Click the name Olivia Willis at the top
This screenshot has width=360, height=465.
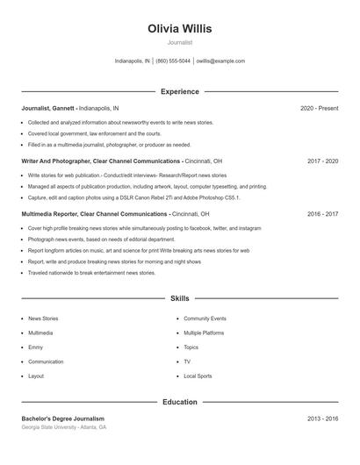coord(179,28)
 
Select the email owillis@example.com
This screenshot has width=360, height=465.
coord(220,61)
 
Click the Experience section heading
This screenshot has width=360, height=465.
coord(179,91)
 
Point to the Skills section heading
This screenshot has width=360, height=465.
coord(179,299)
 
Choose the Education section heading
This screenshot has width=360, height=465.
coord(179,402)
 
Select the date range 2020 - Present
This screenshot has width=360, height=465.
coord(319,108)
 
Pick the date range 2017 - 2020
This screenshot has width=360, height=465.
coord(322,161)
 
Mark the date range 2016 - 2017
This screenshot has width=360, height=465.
coord(322,214)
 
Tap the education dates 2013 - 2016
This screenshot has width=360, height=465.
coord(322,418)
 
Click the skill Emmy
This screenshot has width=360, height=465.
coord(36,347)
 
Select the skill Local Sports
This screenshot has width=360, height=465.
coord(198,376)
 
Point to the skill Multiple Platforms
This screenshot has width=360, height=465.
coord(204,333)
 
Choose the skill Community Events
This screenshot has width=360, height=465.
coord(205,318)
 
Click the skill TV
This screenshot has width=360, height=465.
coord(187,361)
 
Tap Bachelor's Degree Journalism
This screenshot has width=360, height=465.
coord(62,418)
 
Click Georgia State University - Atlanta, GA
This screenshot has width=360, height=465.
coord(64,427)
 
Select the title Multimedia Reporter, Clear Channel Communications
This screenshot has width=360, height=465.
coord(94,214)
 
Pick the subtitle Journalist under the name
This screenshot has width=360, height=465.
coord(179,42)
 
